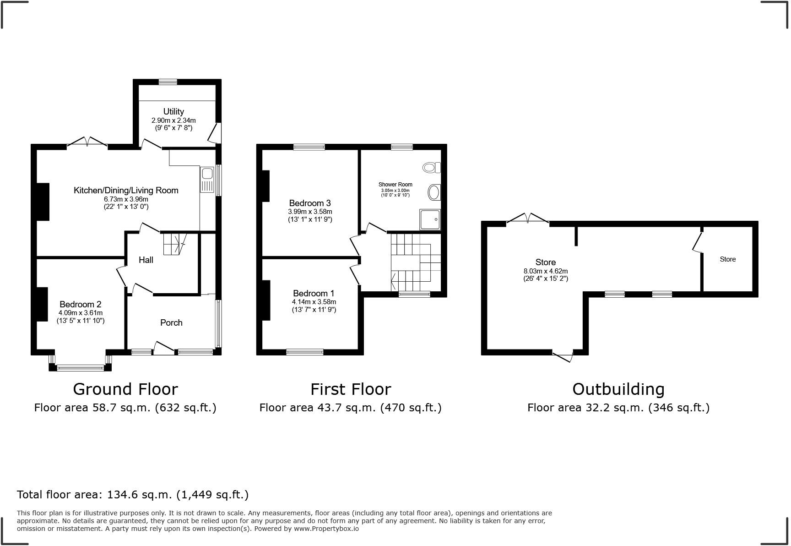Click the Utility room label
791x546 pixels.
(173, 111)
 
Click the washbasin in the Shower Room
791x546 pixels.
(434, 192)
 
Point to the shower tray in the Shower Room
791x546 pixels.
(430, 219)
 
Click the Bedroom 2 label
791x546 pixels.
(81, 304)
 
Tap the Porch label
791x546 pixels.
(171, 322)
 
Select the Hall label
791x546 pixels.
(146, 260)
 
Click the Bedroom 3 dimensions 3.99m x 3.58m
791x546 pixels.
(310, 212)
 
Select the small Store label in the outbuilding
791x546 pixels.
(727, 259)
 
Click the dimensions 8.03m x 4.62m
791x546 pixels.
(546, 271)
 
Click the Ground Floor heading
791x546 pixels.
(125, 389)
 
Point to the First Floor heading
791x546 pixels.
(351, 389)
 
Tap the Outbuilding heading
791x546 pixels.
(618, 389)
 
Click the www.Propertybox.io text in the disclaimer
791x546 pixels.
(326, 528)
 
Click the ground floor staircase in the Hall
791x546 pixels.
(174, 243)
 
